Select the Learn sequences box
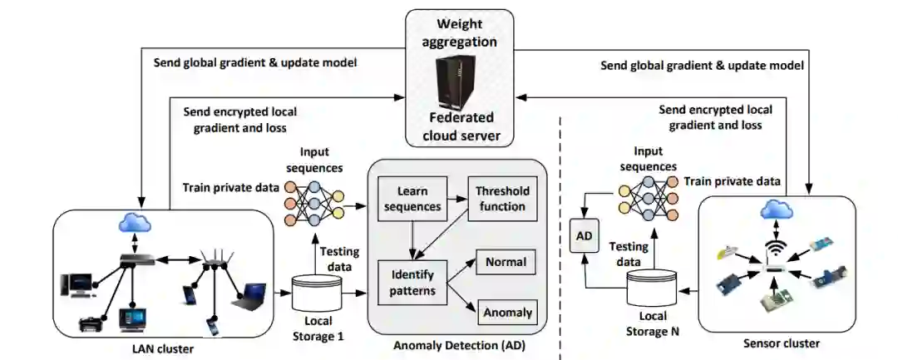pos(412,197)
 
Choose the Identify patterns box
pos(412,283)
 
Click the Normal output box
pos(506,263)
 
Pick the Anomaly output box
pos(507,313)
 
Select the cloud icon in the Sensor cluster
pos(776,210)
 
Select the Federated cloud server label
pos(460,126)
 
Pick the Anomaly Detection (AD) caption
pos(459,346)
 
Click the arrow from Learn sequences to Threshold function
pos(456,198)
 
